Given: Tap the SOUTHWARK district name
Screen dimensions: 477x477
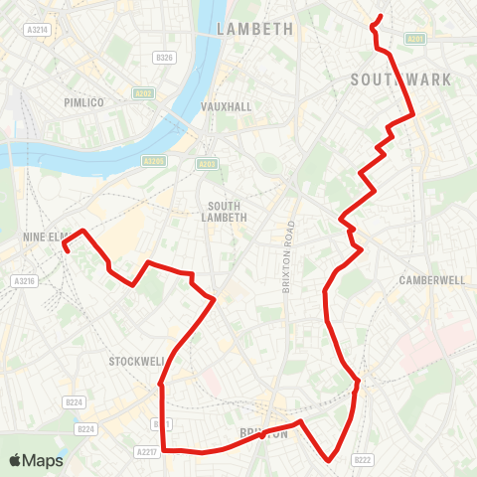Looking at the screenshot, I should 401,79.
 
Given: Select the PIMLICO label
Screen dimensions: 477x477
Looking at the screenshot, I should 83,102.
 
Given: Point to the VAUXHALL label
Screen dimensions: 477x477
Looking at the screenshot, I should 228,106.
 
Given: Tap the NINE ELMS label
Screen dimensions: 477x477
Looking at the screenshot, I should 46,238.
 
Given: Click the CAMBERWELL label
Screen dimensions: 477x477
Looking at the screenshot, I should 432,280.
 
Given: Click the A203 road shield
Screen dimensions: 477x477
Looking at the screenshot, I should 207,164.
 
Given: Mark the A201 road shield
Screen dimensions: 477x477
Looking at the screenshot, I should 416,39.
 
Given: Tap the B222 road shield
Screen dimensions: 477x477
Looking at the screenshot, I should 363,459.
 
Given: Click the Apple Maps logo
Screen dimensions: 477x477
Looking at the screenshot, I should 36,460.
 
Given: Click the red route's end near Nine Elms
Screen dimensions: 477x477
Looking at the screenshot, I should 66,251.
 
